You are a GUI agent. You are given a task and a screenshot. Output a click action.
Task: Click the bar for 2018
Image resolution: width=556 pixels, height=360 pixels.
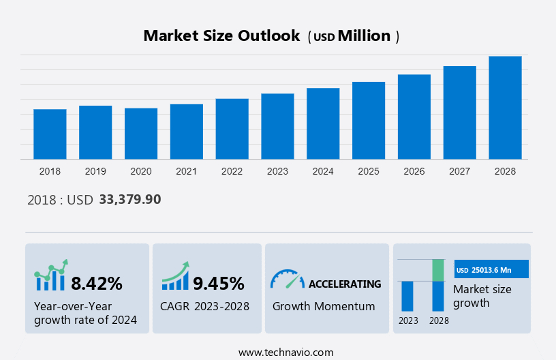pos(50,134)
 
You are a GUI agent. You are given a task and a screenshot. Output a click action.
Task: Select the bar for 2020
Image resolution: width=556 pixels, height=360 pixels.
pos(141,134)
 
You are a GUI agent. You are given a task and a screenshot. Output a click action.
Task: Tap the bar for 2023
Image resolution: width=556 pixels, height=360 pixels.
pos(277,126)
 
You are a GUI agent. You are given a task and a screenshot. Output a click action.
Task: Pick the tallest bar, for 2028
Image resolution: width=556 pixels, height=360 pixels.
pos(505,108)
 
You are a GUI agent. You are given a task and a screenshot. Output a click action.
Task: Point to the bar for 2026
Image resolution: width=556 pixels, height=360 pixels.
pos(414,117)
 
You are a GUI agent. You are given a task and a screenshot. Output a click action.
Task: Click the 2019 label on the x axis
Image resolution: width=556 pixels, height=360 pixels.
pos(95,171)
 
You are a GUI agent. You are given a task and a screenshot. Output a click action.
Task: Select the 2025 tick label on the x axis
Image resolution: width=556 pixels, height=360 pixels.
pos(369,171)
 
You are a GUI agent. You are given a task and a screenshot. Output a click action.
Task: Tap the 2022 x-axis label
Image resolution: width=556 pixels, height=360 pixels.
pos(232,171)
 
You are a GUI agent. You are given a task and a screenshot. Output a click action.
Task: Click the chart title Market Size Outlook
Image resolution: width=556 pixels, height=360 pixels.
pos(221,36)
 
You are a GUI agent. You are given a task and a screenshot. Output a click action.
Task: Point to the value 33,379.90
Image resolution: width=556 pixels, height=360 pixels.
pos(130,200)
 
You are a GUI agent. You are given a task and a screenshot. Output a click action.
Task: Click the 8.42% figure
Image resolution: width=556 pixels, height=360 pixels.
pos(97,283)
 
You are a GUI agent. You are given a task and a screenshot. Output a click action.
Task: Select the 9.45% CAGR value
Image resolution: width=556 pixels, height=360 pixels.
pos(219,283)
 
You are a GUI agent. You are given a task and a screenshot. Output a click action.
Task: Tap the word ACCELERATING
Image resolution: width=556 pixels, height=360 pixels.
pos(345,284)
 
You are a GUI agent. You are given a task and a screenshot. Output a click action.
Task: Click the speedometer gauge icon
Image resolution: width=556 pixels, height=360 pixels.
pos(287,279)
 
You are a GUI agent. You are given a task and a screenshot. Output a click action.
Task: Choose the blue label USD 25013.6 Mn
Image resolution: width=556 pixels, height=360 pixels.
pos(491,269)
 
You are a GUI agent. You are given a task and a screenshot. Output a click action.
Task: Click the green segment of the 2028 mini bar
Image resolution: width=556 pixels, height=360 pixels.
pos(438,270)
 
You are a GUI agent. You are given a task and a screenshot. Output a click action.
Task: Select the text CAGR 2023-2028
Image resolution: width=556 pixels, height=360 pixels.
pos(204,306)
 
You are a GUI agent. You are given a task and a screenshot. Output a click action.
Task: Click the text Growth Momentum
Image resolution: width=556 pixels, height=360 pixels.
pos(324,306)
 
